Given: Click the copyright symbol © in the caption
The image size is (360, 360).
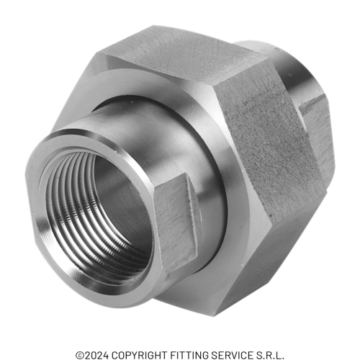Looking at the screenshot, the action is [80, 355].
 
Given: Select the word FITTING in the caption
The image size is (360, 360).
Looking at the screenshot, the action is [187, 355].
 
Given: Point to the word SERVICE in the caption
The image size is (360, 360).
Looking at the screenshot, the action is [231, 355].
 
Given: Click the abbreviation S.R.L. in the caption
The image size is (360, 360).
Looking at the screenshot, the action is [271, 355].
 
